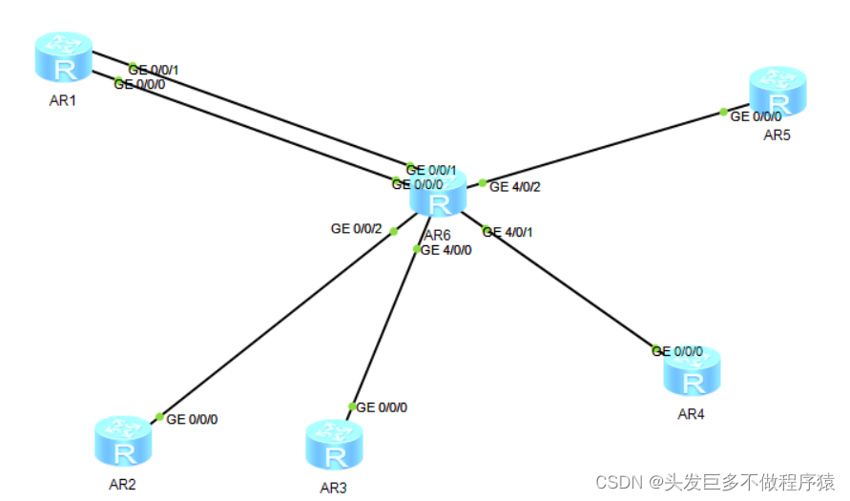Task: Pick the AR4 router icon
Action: pyautogui.click(x=692, y=374)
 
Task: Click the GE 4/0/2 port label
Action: pyautogui.click(x=515, y=187)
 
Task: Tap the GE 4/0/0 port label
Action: pyautogui.click(x=446, y=250)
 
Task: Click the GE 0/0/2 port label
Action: pyautogui.click(x=356, y=229)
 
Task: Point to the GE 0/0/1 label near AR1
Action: pyautogui.click(x=154, y=70)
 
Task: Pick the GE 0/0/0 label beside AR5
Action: pyautogui.click(x=756, y=116)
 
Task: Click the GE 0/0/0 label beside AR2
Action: pyautogui.click(x=198, y=419)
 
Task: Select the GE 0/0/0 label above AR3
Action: pyautogui.click(x=382, y=407)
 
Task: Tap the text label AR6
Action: pyautogui.click(x=438, y=235)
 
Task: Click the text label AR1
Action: pyautogui.click(x=63, y=100)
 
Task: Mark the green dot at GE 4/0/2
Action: pyautogui.click(x=483, y=182)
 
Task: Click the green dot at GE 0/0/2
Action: pyautogui.click(x=394, y=230)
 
